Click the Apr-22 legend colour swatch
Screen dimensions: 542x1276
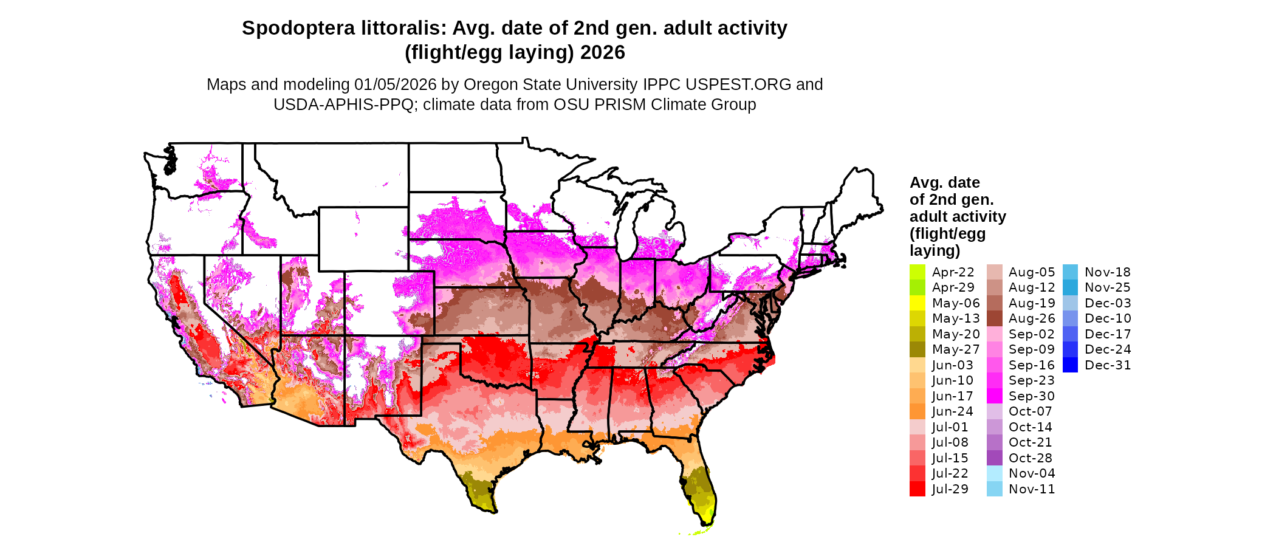click(x=918, y=272)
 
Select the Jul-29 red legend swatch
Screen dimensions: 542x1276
click(x=918, y=489)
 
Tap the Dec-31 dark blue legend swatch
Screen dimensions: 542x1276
click(x=1071, y=365)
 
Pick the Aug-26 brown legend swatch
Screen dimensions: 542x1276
click(x=995, y=318)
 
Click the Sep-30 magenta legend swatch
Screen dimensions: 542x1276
click(x=995, y=396)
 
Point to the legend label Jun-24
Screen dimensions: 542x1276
click(x=952, y=411)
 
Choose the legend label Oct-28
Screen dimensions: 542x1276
click(x=1030, y=458)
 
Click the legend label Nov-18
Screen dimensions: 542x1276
click(x=1107, y=272)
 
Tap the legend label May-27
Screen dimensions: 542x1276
click(x=956, y=349)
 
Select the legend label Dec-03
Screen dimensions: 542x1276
click(x=1108, y=303)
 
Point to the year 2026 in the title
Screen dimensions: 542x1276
click(x=602, y=52)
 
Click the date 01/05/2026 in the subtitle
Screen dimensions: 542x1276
click(x=396, y=84)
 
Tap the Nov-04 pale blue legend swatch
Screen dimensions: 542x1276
click(x=995, y=473)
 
